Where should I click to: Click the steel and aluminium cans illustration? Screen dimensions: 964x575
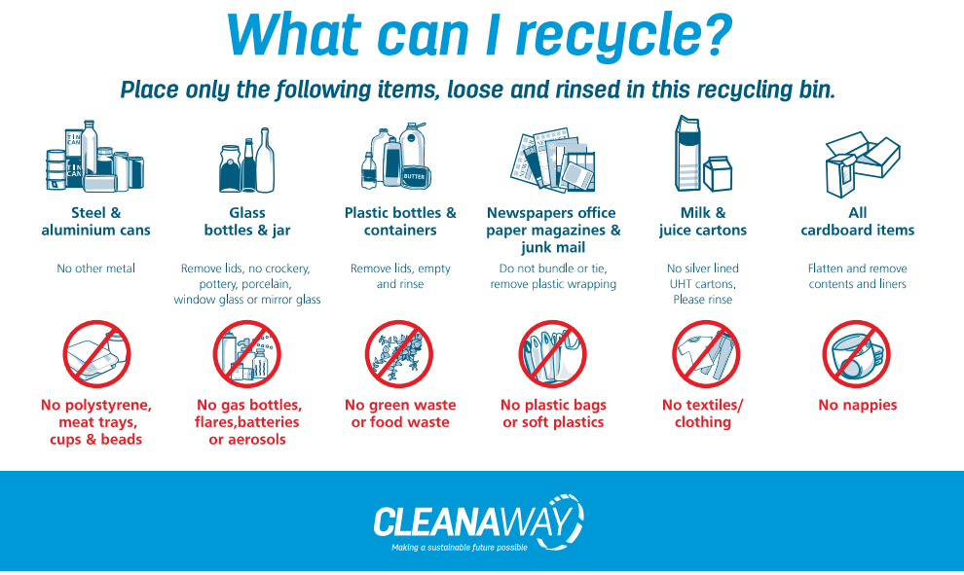pyautogui.click(x=95, y=156)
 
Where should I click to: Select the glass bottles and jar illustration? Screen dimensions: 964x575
pyautogui.click(x=247, y=161)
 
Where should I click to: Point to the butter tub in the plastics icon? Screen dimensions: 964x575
pyautogui.click(x=416, y=177)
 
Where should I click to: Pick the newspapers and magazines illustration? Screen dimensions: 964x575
pyautogui.click(x=553, y=160)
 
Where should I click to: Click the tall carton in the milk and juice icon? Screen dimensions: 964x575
pyautogui.click(x=688, y=154)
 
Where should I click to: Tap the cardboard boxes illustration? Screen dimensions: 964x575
pyautogui.click(x=862, y=164)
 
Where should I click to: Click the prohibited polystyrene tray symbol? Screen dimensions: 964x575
pyautogui.click(x=96, y=354)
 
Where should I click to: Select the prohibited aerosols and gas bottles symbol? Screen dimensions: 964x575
pyautogui.click(x=247, y=354)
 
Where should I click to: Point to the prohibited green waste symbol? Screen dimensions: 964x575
pyautogui.click(x=399, y=354)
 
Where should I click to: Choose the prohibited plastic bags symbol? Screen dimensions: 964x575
pyautogui.click(x=552, y=354)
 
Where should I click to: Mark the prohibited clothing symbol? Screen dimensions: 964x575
pyautogui.click(x=705, y=354)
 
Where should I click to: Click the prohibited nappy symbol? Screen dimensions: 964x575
pyautogui.click(x=857, y=354)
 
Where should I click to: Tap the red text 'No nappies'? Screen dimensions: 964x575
pyautogui.click(x=858, y=405)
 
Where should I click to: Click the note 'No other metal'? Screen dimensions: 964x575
pyautogui.click(x=95, y=269)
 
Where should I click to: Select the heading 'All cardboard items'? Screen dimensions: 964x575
pyautogui.click(x=858, y=221)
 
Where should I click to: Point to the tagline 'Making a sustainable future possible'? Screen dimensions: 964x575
pyautogui.click(x=460, y=548)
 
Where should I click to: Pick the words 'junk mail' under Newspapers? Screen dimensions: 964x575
pyautogui.click(x=553, y=247)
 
